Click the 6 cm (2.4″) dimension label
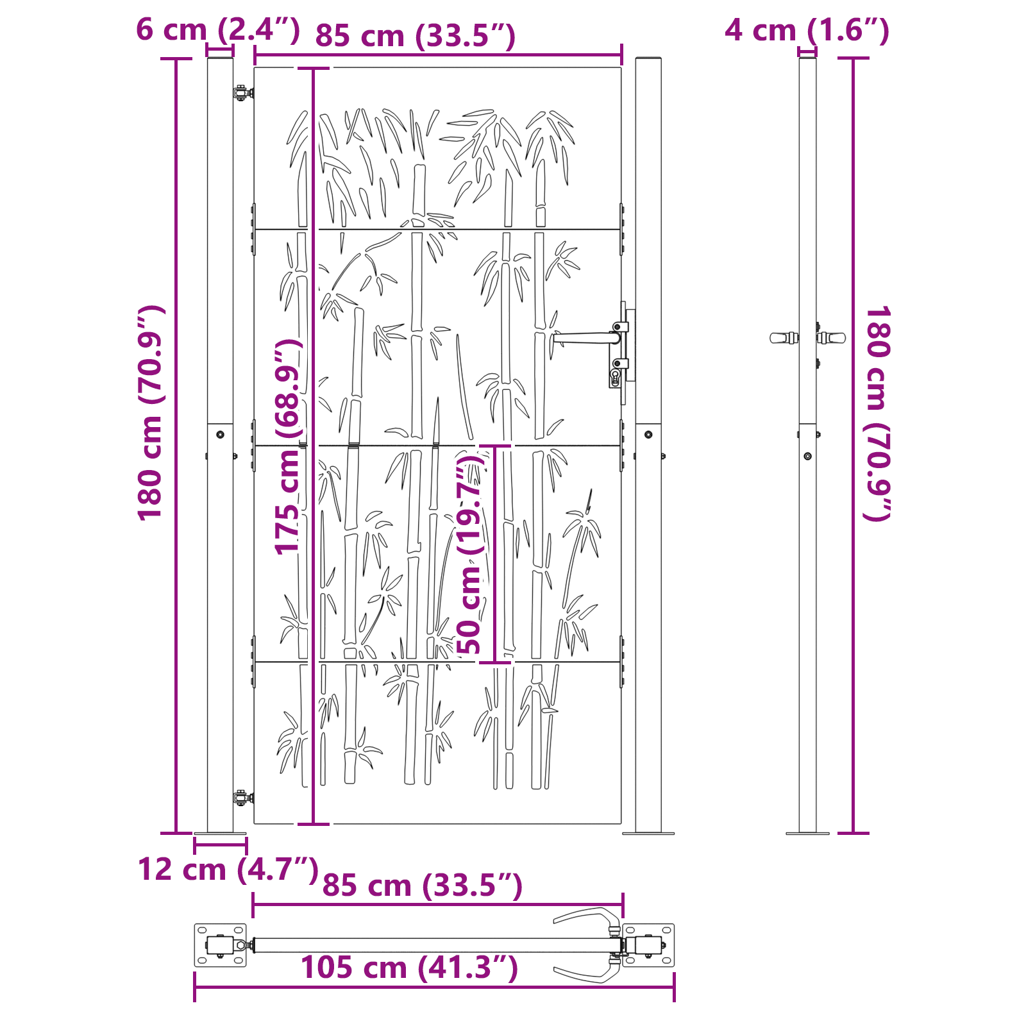point(218,30)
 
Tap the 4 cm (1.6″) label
point(807,30)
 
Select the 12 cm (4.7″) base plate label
point(228,870)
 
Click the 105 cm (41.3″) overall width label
point(409,967)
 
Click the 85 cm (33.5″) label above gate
point(416,36)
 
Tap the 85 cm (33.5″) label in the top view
point(423,886)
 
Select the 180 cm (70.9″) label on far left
point(151,413)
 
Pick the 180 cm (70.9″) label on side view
point(878,413)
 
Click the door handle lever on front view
point(584,337)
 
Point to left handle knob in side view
point(781,338)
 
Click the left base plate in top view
point(220,945)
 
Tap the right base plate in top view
point(649,945)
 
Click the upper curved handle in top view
point(587,914)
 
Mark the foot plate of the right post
point(648,833)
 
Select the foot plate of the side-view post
point(807,833)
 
